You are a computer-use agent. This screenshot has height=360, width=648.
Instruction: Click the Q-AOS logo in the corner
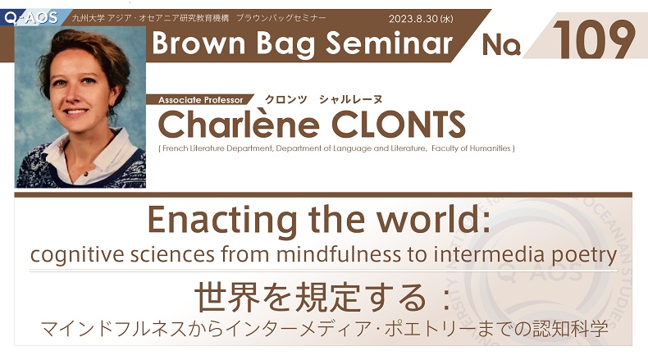pos(31,18)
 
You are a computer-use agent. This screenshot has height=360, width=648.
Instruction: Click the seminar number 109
pos(593,39)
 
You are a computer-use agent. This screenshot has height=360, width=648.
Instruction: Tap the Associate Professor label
pos(201,100)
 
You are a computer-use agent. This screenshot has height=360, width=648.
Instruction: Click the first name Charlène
pos(239,124)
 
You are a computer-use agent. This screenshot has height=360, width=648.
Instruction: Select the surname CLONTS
pos(399,125)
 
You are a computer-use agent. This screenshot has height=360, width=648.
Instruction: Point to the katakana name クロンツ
pos(286,99)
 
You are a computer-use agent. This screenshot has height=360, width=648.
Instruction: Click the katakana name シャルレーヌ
pos(350,99)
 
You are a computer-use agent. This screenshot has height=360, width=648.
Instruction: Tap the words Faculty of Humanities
pos(471,148)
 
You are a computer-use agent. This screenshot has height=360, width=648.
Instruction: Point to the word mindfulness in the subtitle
pos(339,254)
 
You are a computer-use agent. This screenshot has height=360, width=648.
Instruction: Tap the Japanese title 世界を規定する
pos(311,297)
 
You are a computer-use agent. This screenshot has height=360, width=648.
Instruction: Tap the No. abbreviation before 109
pos(501,44)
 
